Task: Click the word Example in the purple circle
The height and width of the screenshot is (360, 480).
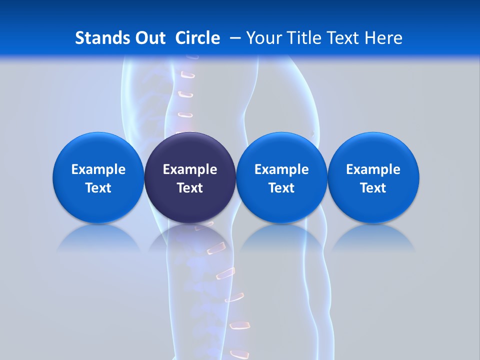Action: coord(190,169)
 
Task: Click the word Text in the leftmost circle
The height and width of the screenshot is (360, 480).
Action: coord(98,188)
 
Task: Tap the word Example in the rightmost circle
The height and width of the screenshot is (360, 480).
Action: coord(373,169)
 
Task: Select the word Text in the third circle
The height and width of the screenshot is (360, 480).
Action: coord(281,188)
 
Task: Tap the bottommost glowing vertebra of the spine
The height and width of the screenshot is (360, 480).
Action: coord(239,354)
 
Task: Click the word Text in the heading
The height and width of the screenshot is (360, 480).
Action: coord(343,38)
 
